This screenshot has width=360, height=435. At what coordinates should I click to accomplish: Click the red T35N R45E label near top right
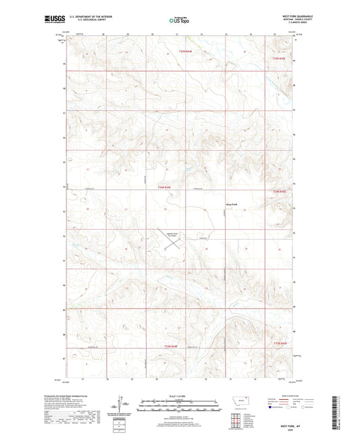click(279, 59)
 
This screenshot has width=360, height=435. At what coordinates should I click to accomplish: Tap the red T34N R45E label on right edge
click(280, 191)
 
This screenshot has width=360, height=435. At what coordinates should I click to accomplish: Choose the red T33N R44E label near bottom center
click(171, 346)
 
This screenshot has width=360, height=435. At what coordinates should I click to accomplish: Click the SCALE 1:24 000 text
click(179, 396)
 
